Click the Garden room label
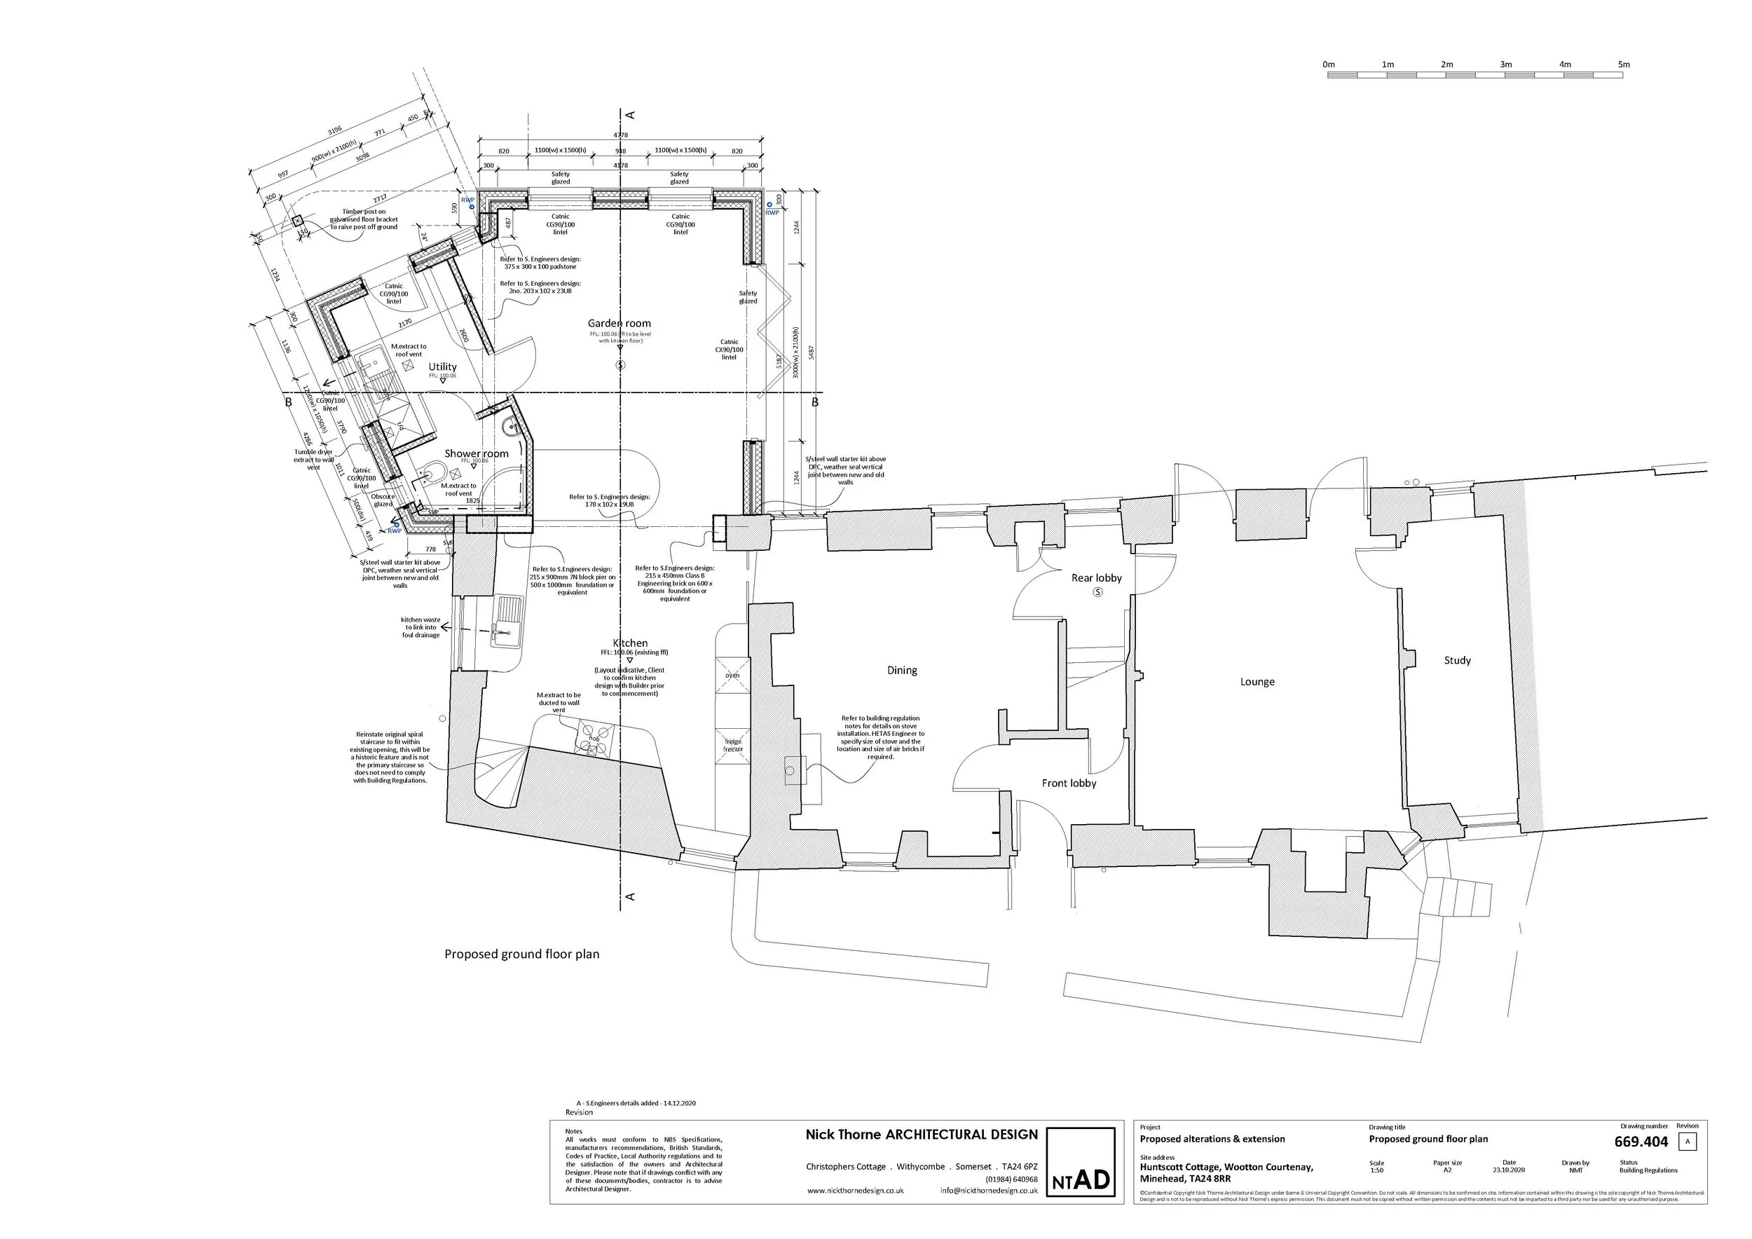[x=619, y=324]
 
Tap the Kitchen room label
[x=630, y=643]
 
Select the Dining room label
[x=902, y=671]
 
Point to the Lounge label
[x=1257, y=682]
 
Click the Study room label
[x=1457, y=661]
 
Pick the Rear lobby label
[x=1097, y=578]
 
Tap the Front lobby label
[x=1069, y=783]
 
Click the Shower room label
[x=476, y=453]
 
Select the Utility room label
[x=443, y=367]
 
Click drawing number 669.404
[x=1641, y=1142]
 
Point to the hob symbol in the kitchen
[x=592, y=739]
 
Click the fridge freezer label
[x=732, y=746]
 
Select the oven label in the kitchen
[x=732, y=675]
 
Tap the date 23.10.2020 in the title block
[x=1509, y=1170]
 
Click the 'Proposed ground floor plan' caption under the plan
[x=522, y=954]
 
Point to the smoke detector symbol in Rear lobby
[x=1097, y=592]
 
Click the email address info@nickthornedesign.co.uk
[x=989, y=1190]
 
